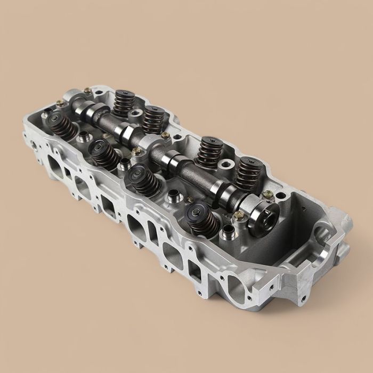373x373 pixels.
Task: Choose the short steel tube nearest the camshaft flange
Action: [228, 232]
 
